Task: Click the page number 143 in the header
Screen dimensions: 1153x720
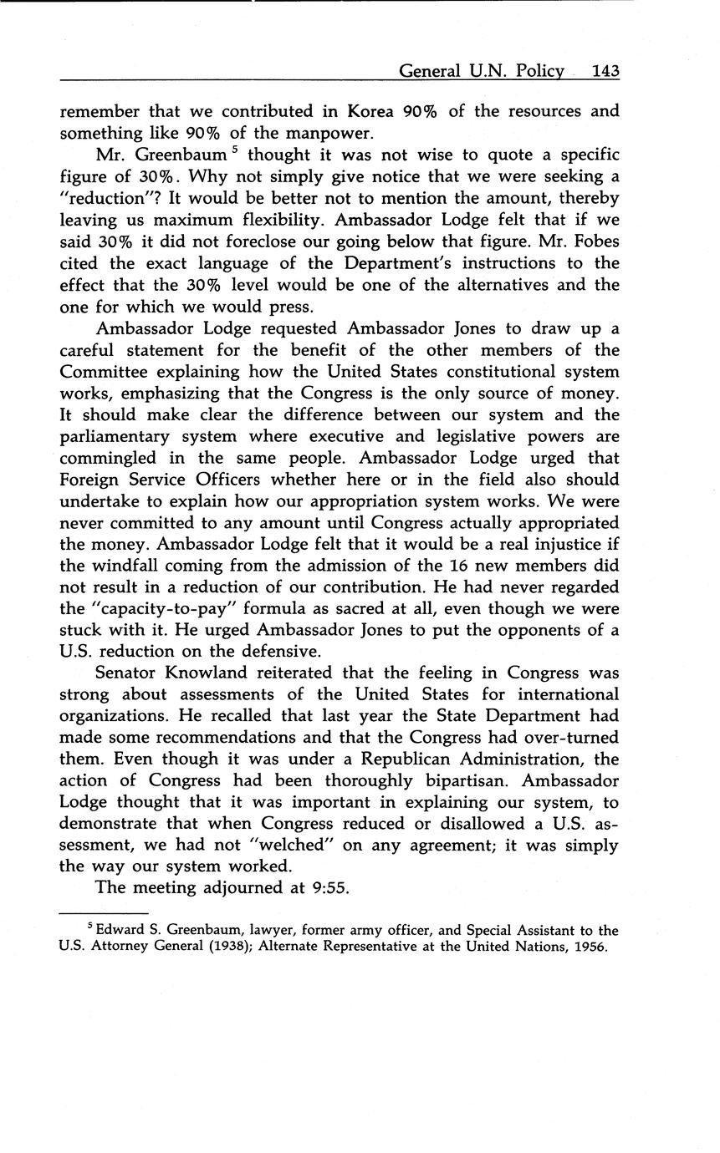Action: [605, 72]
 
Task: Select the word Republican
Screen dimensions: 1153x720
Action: [395, 759]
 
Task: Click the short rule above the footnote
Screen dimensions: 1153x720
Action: [105, 914]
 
